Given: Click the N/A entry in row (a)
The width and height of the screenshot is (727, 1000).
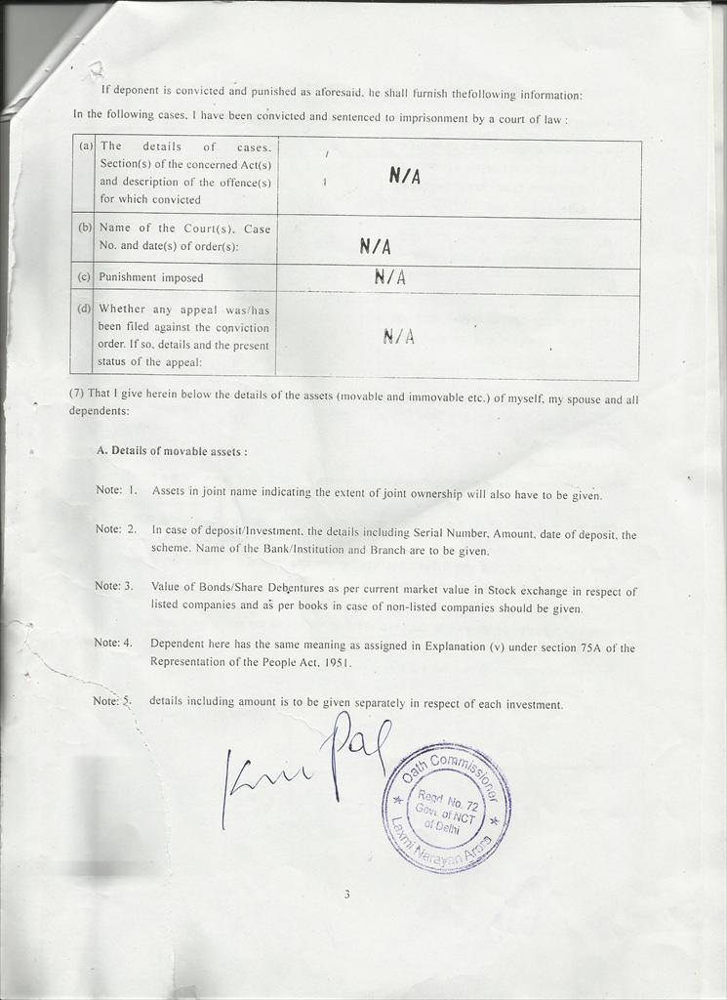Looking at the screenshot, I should click(404, 176).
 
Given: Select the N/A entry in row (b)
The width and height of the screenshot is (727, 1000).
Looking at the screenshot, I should click(375, 247).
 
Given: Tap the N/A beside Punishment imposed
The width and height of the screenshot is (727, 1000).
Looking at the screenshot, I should click(389, 278).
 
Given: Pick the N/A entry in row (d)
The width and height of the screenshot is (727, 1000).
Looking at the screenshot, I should click(398, 337).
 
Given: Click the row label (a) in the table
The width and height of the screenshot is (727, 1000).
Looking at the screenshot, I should click(86, 146).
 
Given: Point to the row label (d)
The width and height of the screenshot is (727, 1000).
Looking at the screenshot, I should click(84, 309).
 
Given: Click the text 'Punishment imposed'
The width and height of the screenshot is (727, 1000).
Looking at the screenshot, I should click(151, 277).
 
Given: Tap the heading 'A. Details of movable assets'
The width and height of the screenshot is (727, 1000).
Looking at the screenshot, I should click(172, 452).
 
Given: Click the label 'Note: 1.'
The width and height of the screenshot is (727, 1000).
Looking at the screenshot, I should click(116, 489).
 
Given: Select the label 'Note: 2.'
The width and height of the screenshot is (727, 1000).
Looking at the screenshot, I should click(115, 529).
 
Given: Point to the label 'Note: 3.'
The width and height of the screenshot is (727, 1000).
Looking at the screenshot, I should click(114, 586).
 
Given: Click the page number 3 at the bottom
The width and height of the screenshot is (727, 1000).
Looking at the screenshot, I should click(346, 894).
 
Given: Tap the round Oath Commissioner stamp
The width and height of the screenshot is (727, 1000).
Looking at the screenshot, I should click(446, 806).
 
